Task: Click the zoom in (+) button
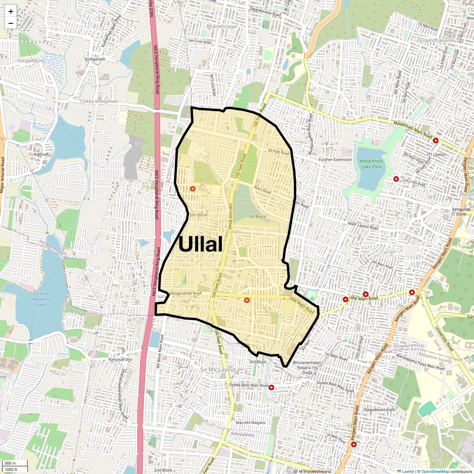[11, 11]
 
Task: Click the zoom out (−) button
[11, 23]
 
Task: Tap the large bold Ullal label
[200, 244]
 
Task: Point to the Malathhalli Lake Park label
[371, 164]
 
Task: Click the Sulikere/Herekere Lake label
[41, 299]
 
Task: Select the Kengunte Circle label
[461, 212]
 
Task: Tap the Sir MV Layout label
[218, 370]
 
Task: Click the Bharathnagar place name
[222, 26]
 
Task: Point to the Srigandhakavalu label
[436, 40]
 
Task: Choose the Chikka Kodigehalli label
[99, 102]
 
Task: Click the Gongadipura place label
[30, 61]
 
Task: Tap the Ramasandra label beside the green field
[120, 359]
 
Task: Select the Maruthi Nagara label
[250, 423]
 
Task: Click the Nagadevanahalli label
[379, 410]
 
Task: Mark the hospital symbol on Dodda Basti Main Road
[271, 387]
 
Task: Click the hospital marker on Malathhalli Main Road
[436, 141]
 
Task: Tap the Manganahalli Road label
[185, 293]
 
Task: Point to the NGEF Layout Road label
[363, 226]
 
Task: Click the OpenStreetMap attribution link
[435, 471]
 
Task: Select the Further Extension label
[335, 160]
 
